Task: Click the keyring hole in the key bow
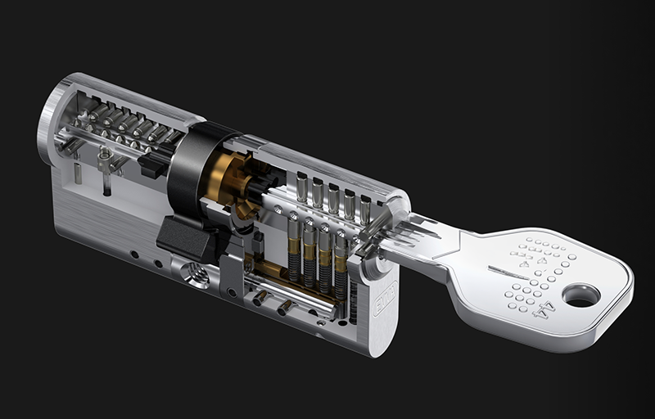click(581, 295)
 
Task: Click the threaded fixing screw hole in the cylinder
click(195, 275)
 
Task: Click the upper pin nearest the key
click(365, 209)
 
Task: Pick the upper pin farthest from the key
click(302, 188)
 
